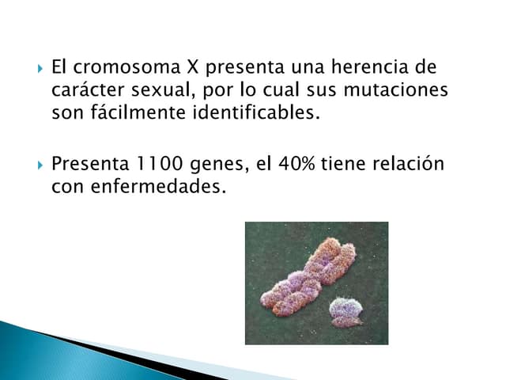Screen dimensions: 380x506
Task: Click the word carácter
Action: point(88,90)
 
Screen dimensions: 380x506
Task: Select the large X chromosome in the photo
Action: point(307,273)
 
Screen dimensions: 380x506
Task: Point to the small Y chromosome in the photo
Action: point(345,310)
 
